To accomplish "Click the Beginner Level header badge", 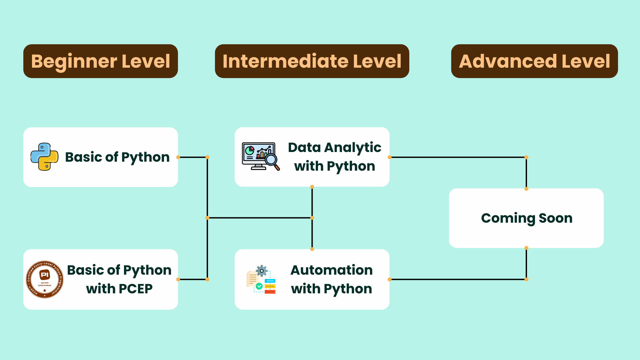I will click(100, 61).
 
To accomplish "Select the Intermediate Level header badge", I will click(312, 61).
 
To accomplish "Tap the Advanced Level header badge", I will click(534, 61).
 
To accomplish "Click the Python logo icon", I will click(44, 157).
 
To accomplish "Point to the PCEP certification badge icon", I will click(45, 279).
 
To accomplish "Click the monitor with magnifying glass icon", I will click(260, 156).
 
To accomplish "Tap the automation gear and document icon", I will click(261, 279).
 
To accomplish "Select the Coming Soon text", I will click(526, 218).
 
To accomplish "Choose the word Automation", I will click(331, 270).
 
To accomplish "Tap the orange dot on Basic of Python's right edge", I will click(178, 157).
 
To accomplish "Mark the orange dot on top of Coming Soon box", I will click(526, 189).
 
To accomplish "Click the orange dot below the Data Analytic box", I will click(312, 187).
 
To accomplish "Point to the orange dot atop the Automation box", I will click(312, 249).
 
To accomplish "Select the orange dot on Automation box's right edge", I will click(389, 279).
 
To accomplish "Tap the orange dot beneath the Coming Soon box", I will click(526, 248).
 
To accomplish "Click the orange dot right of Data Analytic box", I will click(389, 157).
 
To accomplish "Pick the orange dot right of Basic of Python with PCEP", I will click(178, 279).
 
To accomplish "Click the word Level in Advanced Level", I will click(586, 61).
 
